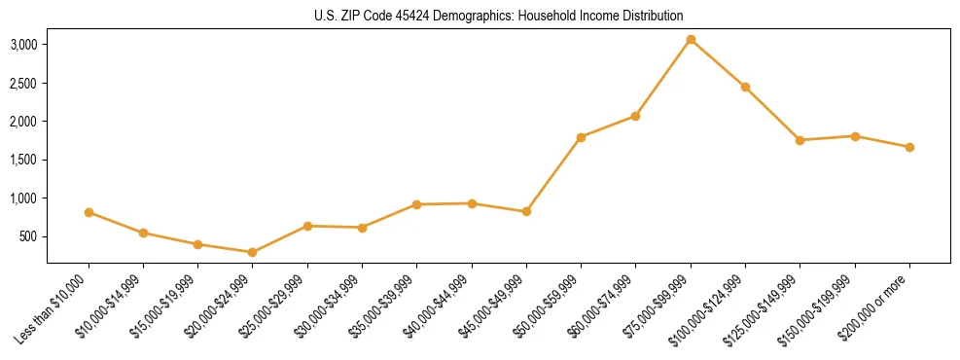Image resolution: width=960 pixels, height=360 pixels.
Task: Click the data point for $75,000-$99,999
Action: pyautogui.click(x=691, y=40)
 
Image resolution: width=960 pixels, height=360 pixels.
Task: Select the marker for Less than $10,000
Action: pyautogui.click(x=89, y=212)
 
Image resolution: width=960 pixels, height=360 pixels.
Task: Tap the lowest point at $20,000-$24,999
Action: pyautogui.click(x=253, y=252)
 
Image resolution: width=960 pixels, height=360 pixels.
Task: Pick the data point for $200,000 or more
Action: pyautogui.click(x=909, y=147)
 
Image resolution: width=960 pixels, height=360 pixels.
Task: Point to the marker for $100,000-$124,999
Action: pyautogui.click(x=745, y=87)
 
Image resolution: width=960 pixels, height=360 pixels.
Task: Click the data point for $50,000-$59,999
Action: pyautogui.click(x=581, y=137)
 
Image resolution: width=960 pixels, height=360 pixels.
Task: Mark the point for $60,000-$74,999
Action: pyautogui.click(x=635, y=116)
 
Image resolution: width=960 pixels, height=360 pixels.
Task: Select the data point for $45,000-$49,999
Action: pyautogui.click(x=526, y=211)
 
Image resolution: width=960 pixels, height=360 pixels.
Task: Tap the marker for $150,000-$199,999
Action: pyautogui.click(x=855, y=136)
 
